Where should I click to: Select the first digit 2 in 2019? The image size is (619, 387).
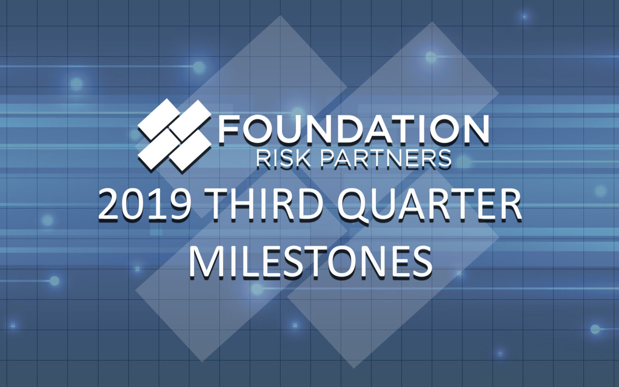(x=109, y=206)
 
